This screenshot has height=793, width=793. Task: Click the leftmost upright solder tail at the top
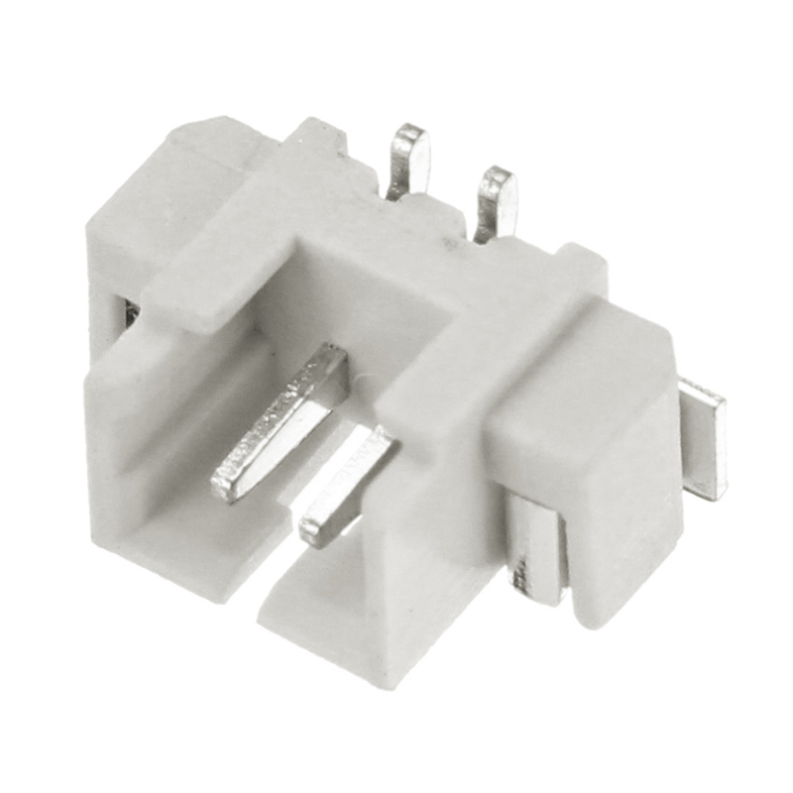point(410,159)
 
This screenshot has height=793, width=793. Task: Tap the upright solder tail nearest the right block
point(496,203)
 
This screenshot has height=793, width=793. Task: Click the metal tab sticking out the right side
point(706,436)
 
